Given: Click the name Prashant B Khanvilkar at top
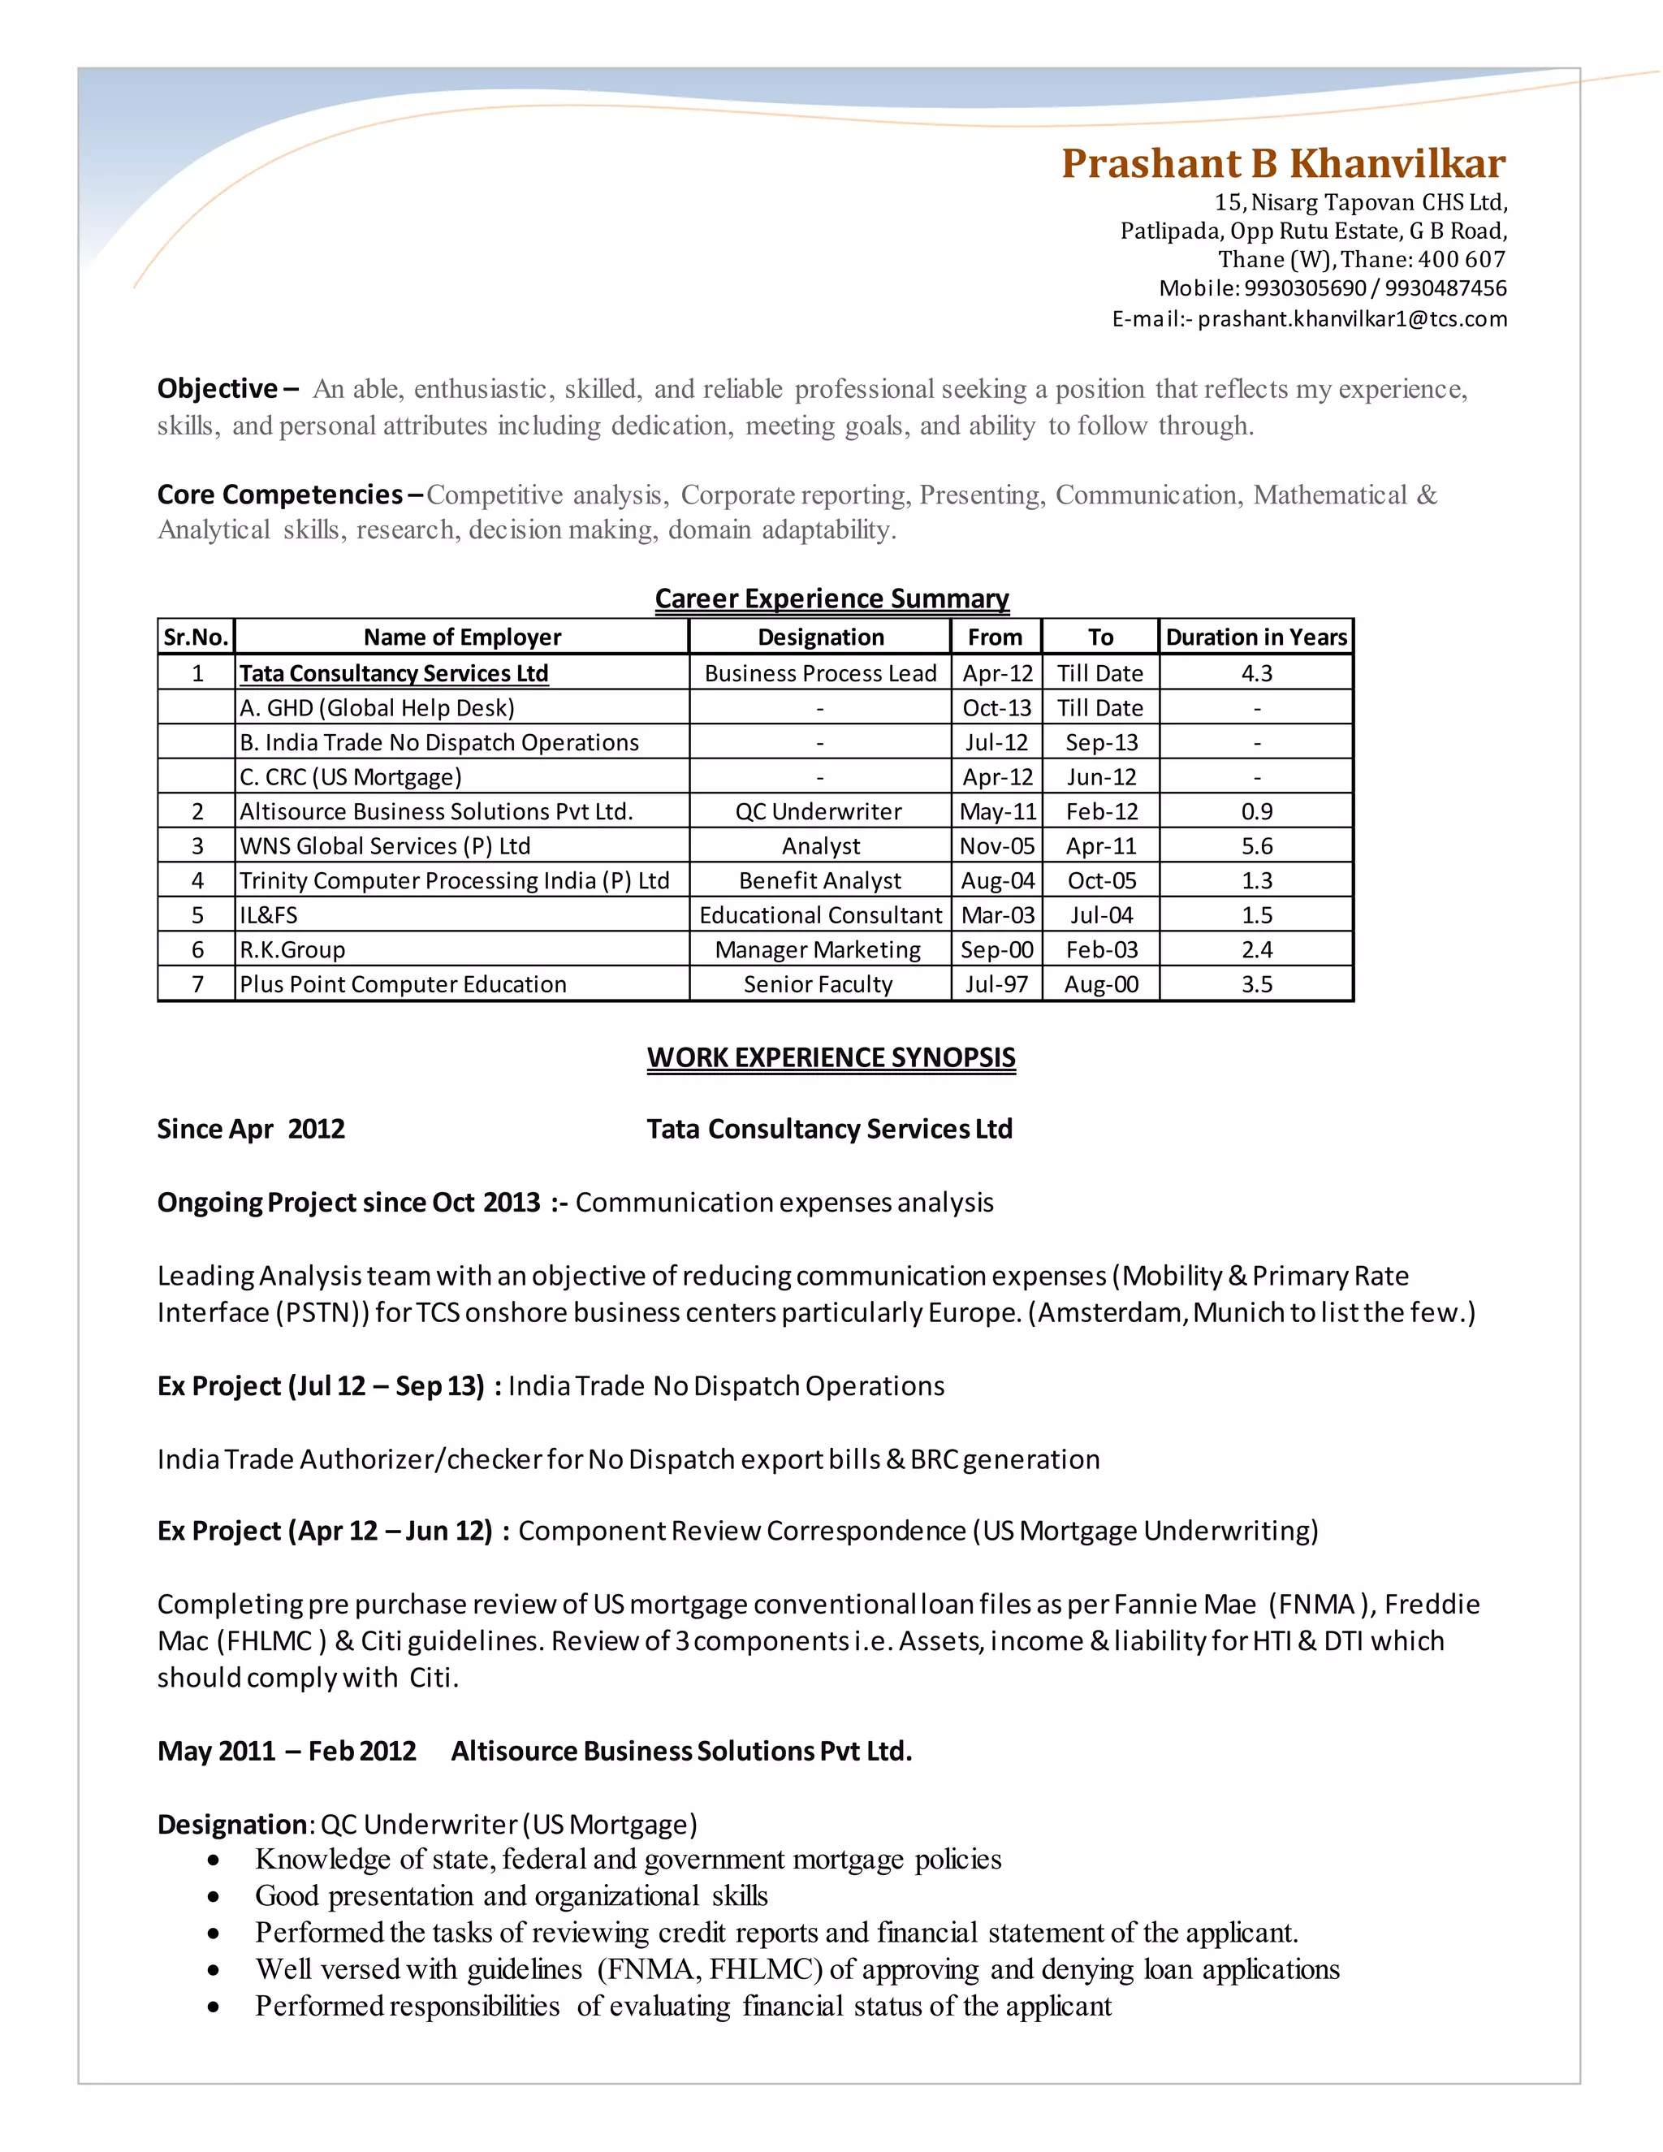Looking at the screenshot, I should [1283, 163].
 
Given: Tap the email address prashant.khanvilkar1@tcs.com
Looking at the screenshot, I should [1352, 318].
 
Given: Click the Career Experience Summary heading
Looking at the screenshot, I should [831, 598].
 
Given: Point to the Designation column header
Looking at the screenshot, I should [821, 637].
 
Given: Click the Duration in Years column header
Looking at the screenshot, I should [1256, 637].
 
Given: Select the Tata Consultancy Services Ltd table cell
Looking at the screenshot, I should [394, 673].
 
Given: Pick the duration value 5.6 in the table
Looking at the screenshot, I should [1256, 846].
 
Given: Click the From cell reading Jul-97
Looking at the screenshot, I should [996, 984].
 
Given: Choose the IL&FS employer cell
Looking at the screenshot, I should [269, 915].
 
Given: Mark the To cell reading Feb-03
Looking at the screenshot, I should [1101, 950].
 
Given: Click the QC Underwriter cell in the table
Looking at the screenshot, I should [818, 812].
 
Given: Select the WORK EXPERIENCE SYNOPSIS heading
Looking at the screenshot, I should [831, 1057].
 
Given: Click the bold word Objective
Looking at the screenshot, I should [218, 389].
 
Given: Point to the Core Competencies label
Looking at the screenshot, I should [281, 495].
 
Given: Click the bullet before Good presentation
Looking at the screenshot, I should [214, 1897].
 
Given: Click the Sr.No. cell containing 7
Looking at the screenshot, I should [197, 984].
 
